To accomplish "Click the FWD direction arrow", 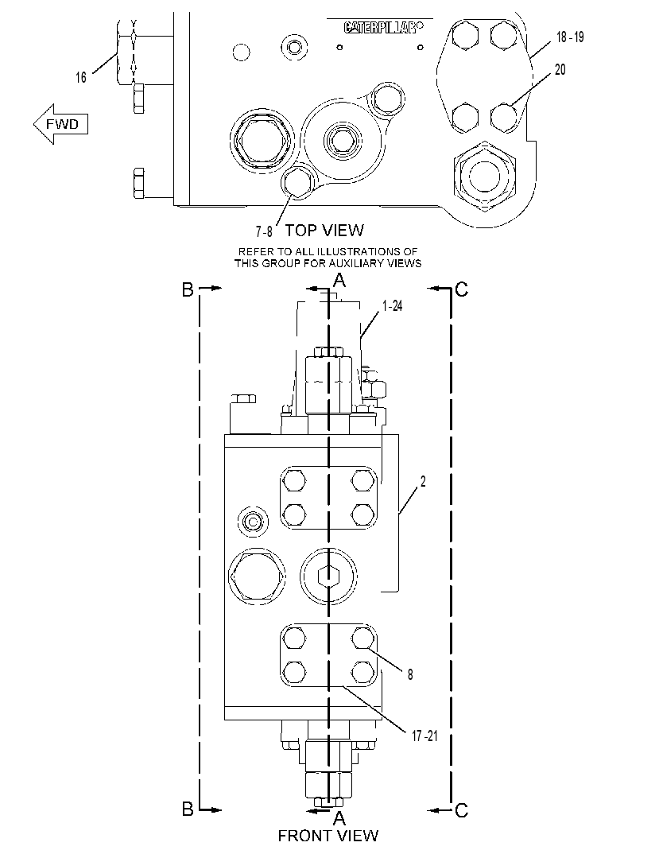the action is (x=60, y=124).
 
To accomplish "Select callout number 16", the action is (x=81, y=77).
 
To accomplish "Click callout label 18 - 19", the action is (x=570, y=37).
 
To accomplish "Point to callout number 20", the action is (x=560, y=70).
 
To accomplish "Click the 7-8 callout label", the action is (x=264, y=231).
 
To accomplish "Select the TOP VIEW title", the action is (x=324, y=231).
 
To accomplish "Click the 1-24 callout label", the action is (x=392, y=306).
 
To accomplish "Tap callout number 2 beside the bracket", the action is (x=423, y=481).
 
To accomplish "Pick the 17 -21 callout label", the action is (x=424, y=736).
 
